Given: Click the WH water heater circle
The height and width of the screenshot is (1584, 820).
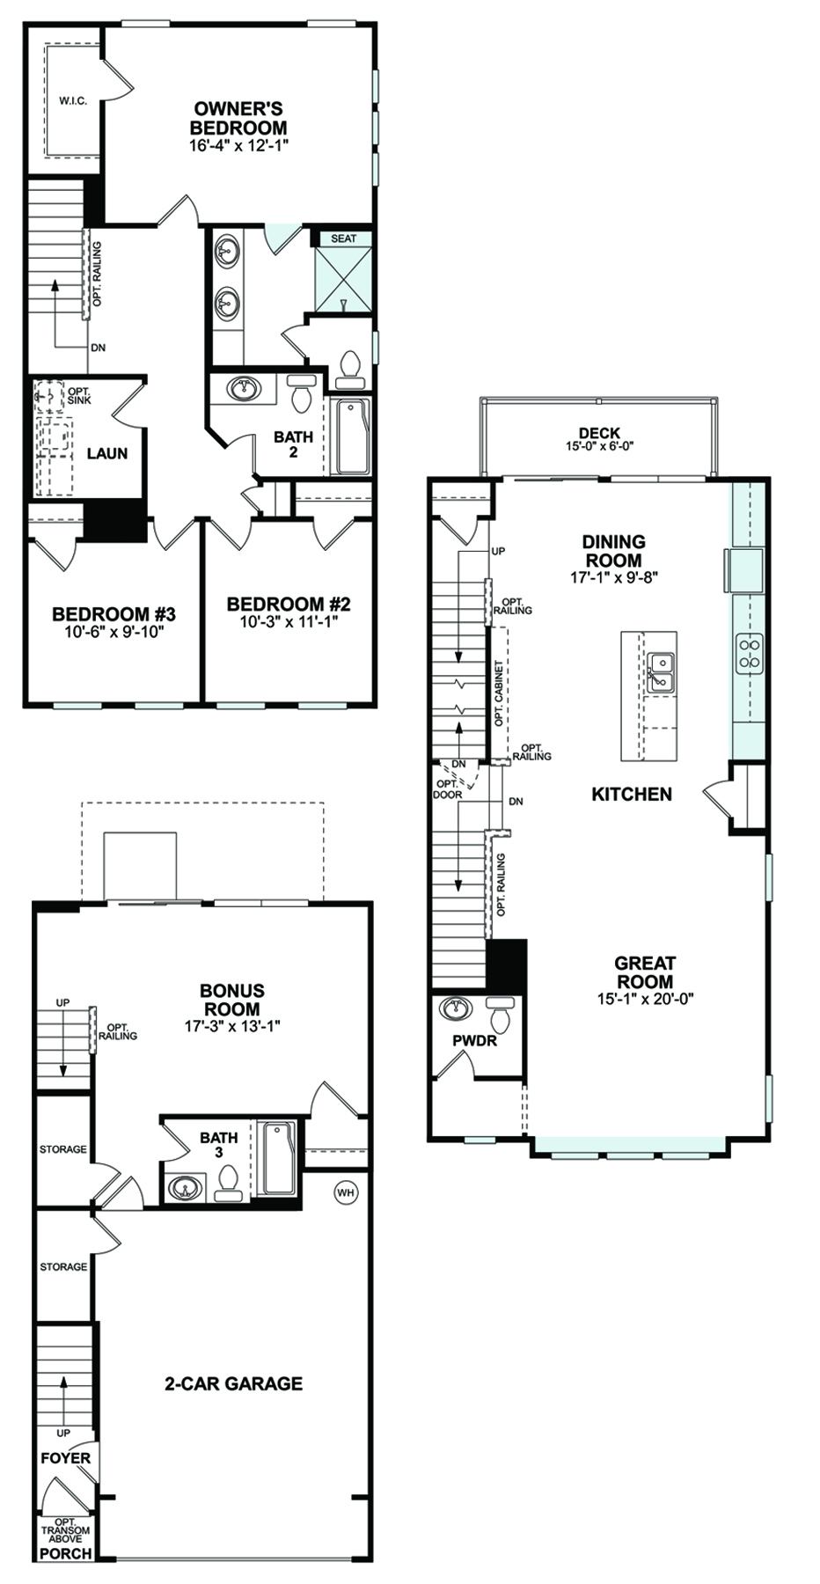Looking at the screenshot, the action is pyautogui.click(x=346, y=1192).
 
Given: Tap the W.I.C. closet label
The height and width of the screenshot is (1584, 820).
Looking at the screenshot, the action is pyautogui.click(x=73, y=101).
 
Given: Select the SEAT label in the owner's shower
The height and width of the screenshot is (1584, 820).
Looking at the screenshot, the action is pyautogui.click(x=343, y=238).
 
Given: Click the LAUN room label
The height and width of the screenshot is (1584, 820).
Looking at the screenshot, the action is pyautogui.click(x=107, y=453).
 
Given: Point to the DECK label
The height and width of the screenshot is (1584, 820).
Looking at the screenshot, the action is pyautogui.click(x=599, y=433).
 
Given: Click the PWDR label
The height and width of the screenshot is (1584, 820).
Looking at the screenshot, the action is pyautogui.click(x=475, y=1041).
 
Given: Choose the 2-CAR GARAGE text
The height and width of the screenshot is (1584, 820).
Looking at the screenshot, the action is pyautogui.click(x=234, y=1383).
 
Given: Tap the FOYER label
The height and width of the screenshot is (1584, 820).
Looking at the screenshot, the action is pyautogui.click(x=65, y=1458).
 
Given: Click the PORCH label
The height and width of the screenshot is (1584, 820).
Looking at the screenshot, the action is pyautogui.click(x=66, y=1553).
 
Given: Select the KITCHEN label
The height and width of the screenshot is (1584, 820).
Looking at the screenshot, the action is pyautogui.click(x=632, y=794).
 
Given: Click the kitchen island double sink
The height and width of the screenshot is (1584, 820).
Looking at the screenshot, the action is pyautogui.click(x=661, y=672).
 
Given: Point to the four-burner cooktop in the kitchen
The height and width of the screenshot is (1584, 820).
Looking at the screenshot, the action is pyautogui.click(x=750, y=653).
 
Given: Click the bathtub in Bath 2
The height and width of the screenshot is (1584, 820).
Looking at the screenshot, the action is pyautogui.click(x=351, y=436).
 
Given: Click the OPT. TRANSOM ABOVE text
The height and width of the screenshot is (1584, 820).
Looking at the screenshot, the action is pyautogui.click(x=66, y=1530).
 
